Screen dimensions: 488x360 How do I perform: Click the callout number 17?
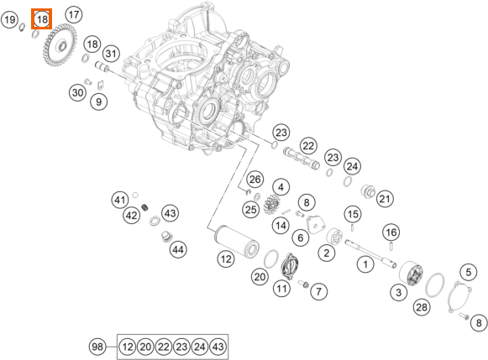[x=74, y=14]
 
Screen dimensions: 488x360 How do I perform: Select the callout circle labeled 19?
[x=9, y=20]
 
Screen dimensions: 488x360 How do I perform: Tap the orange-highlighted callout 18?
[x=42, y=19]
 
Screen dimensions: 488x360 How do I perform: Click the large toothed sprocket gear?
[x=60, y=45]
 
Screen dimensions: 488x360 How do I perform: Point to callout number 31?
[x=111, y=54]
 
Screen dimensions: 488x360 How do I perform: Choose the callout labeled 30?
[x=78, y=92]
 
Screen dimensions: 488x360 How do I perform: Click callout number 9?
[x=98, y=102]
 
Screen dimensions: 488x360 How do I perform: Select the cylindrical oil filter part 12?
[x=237, y=240]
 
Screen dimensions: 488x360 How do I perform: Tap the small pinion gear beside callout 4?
[x=272, y=204]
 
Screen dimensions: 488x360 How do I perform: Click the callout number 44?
[x=178, y=249]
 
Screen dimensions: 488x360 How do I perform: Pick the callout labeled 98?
[x=97, y=347]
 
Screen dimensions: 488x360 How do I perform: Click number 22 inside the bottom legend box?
[x=164, y=347]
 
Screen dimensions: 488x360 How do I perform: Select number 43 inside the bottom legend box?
[x=218, y=347]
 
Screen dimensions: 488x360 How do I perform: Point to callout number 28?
[x=422, y=307]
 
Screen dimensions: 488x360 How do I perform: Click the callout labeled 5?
[x=469, y=273]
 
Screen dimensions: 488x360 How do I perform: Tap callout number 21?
[x=385, y=199]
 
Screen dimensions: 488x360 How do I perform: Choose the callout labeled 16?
[x=391, y=232]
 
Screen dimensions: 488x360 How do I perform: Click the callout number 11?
[x=281, y=289]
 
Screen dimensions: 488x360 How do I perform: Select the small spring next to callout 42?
[x=144, y=206]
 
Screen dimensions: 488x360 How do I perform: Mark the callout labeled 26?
[x=254, y=180]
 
